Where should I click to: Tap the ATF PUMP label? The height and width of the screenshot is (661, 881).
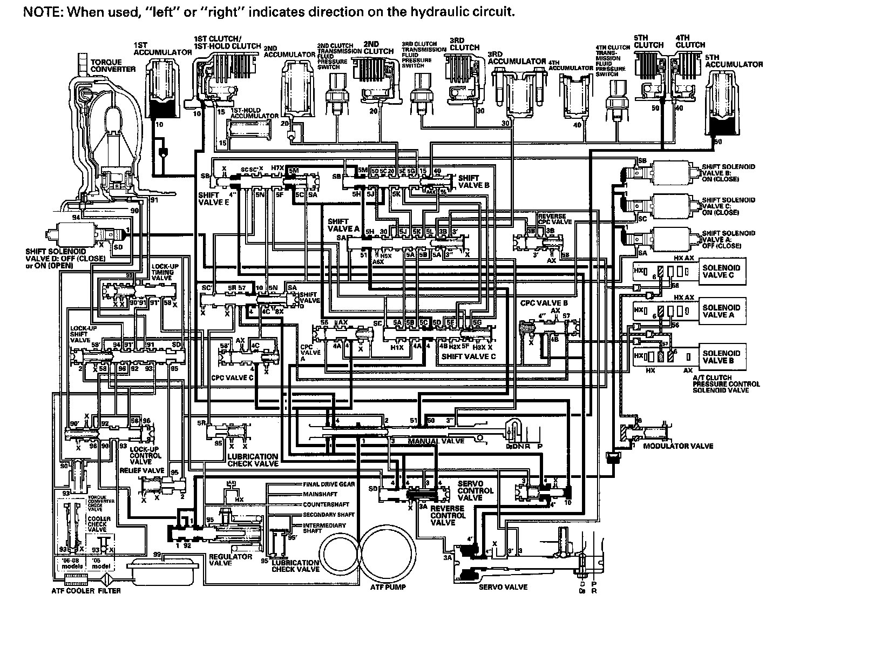coord(388,586)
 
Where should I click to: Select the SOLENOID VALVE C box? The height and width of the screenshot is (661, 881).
coord(722,271)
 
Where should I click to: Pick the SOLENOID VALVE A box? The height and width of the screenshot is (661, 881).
coord(722,311)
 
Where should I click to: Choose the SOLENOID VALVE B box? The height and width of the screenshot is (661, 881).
coord(722,356)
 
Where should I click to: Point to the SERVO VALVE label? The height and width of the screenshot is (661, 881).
coord(503,586)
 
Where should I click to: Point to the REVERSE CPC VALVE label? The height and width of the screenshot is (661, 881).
coord(554,219)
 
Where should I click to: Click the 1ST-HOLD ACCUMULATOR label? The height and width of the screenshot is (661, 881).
coord(254,113)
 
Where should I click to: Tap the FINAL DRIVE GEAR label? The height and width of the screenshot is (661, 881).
coord(329,484)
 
